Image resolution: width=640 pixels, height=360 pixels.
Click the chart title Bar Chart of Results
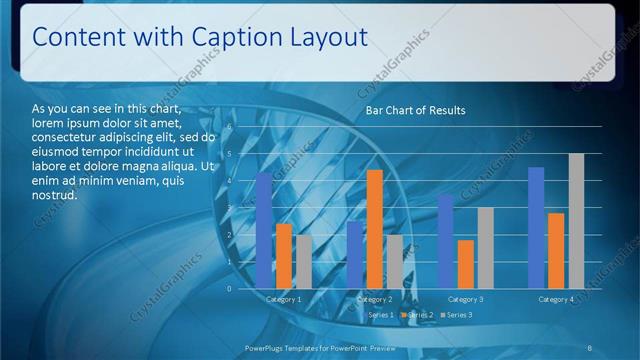tap(415, 110)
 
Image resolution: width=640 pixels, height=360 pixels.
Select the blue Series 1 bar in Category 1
tap(264, 230)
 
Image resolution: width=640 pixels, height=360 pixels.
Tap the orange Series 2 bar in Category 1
tap(284, 256)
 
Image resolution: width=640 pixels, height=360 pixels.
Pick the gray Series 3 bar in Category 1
tap(303, 262)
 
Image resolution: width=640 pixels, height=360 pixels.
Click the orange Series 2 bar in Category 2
tap(374, 229)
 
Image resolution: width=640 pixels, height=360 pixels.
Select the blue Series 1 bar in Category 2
tap(355, 254)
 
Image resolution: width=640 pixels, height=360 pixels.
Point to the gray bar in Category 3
tap(485, 248)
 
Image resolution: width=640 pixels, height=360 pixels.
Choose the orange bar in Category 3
tap(465, 264)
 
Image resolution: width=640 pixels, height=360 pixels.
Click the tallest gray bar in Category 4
tap(576, 221)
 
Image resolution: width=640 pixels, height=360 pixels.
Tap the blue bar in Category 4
tap(536, 227)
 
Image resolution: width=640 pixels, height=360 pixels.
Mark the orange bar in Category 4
tap(556, 250)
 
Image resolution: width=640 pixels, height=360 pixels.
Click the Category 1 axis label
tap(284, 299)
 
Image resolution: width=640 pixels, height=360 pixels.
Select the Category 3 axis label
tap(465, 299)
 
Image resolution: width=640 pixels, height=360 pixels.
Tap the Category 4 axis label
tap(556, 299)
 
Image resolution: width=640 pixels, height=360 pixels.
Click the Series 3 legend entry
tap(458, 315)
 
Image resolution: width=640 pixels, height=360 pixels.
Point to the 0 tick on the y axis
tap(229, 289)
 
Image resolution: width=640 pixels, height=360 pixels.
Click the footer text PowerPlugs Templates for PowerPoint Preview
tap(320, 347)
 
